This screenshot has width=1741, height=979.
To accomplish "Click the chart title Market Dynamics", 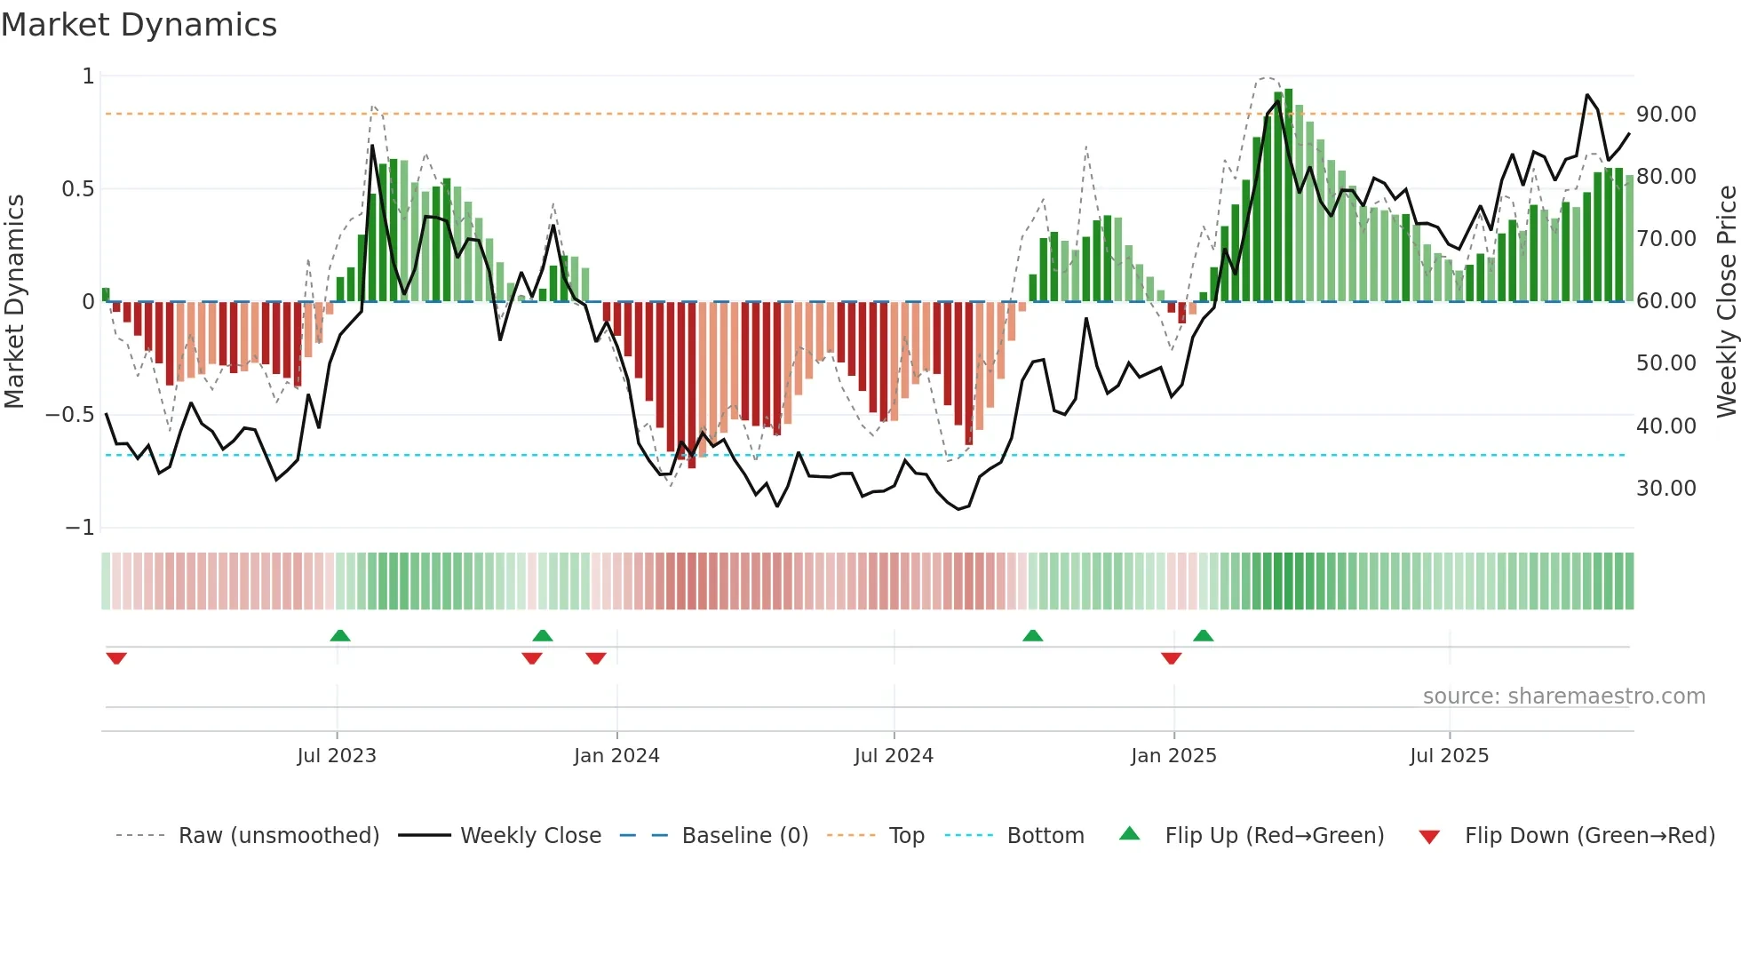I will click(x=139, y=25).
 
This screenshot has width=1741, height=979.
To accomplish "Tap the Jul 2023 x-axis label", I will click(x=337, y=756).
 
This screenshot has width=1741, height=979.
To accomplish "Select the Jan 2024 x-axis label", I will click(x=616, y=756).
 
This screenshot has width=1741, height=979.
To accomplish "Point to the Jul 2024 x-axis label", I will click(x=894, y=756).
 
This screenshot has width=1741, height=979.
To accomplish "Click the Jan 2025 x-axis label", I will click(x=1173, y=756).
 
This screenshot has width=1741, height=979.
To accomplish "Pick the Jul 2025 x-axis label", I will click(x=1449, y=756).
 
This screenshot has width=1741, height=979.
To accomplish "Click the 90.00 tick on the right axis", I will click(x=1665, y=115).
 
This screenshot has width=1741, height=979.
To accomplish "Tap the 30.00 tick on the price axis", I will click(x=1665, y=489).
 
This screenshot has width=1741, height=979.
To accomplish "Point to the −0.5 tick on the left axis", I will click(x=69, y=415).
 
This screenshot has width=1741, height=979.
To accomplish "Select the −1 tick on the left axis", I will click(x=79, y=528).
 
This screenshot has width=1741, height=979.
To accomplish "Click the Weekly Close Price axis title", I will click(x=1726, y=301).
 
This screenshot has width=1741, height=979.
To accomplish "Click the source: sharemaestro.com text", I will click(x=1563, y=696).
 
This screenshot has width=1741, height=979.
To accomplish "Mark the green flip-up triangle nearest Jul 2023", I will click(x=340, y=635).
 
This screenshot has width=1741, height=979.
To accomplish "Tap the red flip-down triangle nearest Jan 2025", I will click(x=1171, y=658).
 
